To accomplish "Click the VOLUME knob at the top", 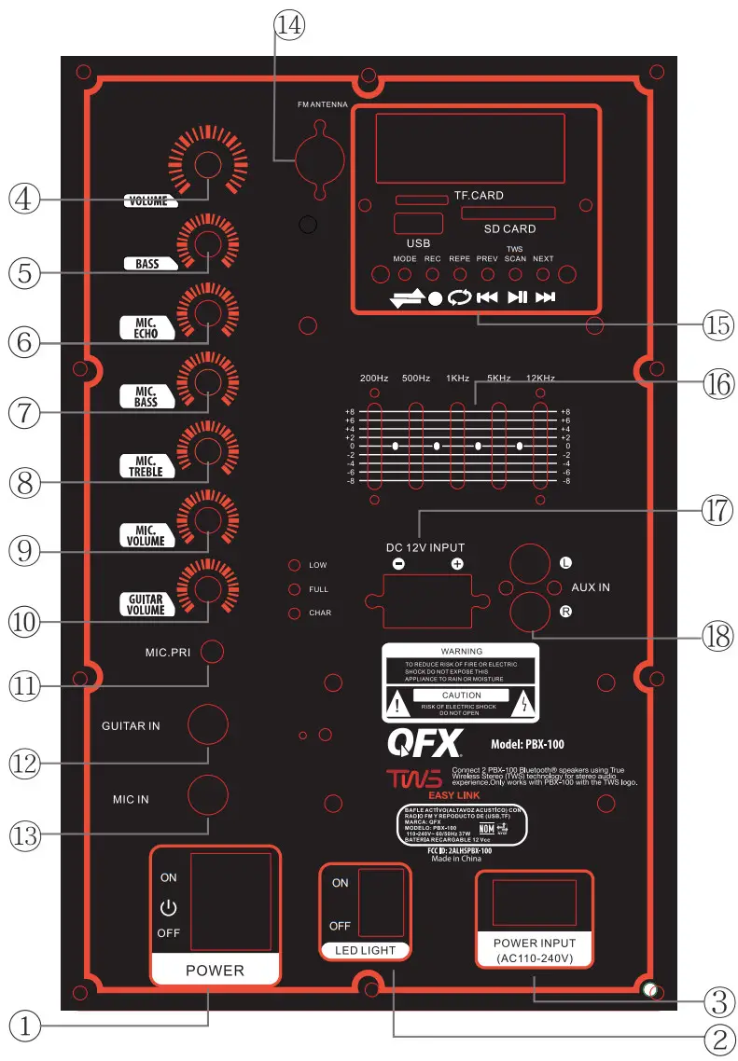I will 207,166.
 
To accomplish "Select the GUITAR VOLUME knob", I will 207,589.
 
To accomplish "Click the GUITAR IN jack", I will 208,724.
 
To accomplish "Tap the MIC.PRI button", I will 214,653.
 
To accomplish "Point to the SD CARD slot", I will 508,214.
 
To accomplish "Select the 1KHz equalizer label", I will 457,379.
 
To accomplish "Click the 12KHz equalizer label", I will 540,379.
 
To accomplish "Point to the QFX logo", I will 425,744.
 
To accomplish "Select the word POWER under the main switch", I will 215,970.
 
